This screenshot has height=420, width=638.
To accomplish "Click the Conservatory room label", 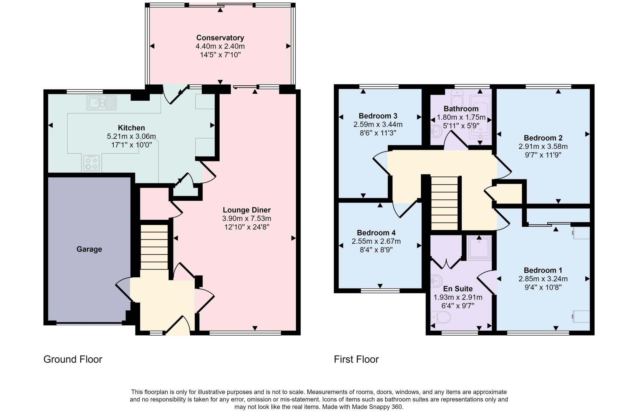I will pos(220,38).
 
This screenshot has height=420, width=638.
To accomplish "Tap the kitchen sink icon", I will pos(102,103).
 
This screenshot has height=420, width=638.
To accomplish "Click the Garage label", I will pos(89,249).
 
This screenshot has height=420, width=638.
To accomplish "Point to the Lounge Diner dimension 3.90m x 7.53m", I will pos(246,218).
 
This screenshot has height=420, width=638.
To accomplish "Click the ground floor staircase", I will pos(154,247).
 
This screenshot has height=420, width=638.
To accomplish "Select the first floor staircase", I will pos(444,203).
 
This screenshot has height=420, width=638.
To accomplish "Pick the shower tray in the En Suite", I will pos(479,248).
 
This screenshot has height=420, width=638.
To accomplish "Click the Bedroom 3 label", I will pos(378,116).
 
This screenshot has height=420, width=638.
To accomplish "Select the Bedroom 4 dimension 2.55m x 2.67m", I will pos(376,241).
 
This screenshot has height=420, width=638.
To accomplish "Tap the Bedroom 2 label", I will pos(543,138).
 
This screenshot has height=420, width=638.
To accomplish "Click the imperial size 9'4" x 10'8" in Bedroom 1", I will pos(543,287).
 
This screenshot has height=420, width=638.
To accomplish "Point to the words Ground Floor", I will pos(73,359).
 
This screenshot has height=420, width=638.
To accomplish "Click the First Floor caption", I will pos(356,359).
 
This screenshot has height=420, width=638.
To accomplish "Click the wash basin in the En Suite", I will pos(436,282).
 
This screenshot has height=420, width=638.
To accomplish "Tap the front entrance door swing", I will pos(179,326).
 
